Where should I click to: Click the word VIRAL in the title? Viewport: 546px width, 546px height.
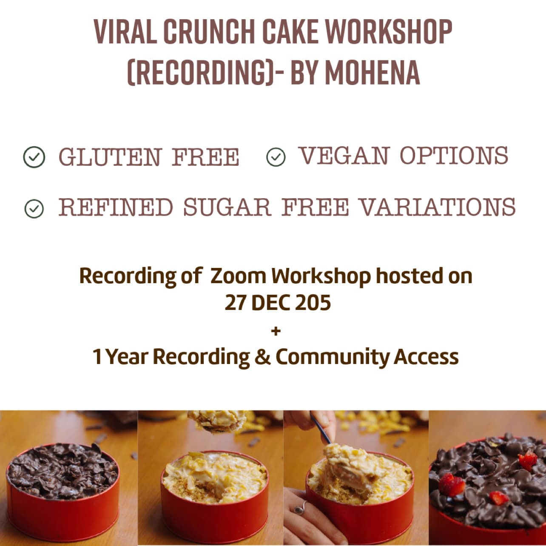(125, 32)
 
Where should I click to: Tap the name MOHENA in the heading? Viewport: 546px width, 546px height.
(373, 72)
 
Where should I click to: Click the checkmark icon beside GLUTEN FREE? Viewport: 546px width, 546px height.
(34, 157)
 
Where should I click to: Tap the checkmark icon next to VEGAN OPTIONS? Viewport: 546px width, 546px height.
(276, 157)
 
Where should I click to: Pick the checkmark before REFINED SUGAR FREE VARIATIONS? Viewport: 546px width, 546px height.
(34, 209)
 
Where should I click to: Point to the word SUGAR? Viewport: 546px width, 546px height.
(227, 207)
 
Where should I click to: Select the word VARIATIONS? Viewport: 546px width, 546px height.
(437, 207)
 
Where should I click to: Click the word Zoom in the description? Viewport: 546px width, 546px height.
(238, 276)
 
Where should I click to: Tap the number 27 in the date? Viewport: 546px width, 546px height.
(235, 303)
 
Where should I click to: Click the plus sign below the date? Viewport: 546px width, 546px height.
(276, 331)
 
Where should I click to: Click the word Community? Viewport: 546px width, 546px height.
(333, 358)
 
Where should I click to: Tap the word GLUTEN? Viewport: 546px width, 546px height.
(110, 157)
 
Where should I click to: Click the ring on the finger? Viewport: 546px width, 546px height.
(300, 508)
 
